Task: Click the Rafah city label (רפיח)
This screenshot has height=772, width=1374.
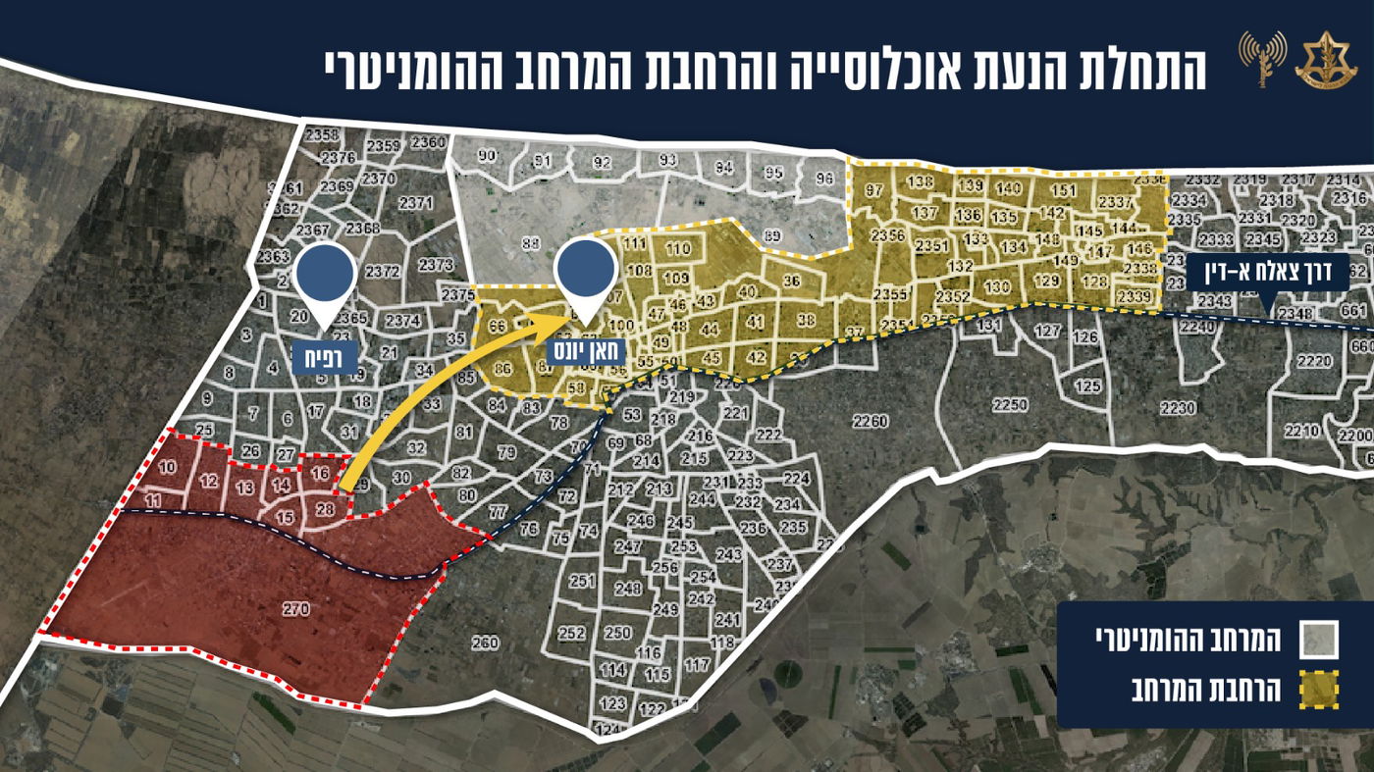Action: pos(324,355)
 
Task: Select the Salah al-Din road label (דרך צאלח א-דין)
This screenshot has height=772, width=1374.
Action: pos(1267,272)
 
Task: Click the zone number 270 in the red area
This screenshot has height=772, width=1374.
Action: pos(295,609)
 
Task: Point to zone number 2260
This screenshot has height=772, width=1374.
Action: pos(870,423)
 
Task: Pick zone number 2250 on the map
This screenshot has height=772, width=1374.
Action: pos(1009,405)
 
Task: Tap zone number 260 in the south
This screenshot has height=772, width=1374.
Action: pos(485,643)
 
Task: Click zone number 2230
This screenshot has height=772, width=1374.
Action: pos(1178,407)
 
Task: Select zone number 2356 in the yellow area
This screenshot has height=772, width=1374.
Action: pos(887,235)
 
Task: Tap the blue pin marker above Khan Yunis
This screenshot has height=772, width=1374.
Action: pos(585,267)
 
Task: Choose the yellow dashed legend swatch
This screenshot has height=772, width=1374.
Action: pos(1318,691)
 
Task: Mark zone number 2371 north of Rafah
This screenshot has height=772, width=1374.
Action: pos(415,203)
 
